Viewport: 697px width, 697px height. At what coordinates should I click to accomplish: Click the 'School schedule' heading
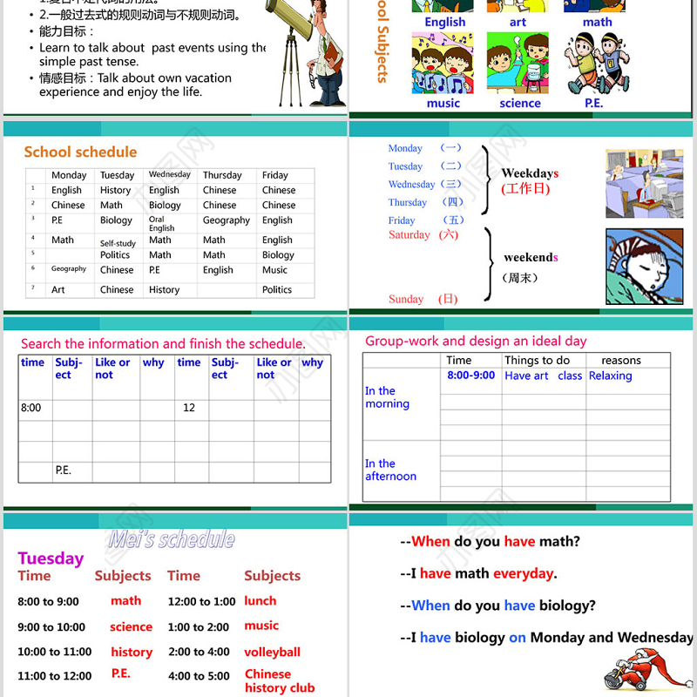tap(80, 152)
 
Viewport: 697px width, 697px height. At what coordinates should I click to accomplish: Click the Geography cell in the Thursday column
tap(226, 220)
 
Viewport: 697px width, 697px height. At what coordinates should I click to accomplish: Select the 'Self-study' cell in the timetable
tap(118, 244)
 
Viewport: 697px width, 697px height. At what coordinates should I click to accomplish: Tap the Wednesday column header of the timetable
tap(169, 174)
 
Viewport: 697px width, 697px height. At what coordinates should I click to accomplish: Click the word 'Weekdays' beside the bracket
tap(530, 173)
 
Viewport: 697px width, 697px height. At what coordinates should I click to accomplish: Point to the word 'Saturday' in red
tap(409, 234)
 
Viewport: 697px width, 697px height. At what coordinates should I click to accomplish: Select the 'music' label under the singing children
tap(443, 103)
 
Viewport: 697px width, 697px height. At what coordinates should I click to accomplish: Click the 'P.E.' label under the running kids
tap(593, 103)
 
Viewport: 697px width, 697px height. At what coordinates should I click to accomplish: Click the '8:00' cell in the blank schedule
tap(30, 408)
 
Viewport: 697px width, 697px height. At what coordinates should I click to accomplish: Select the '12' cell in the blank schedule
tap(189, 408)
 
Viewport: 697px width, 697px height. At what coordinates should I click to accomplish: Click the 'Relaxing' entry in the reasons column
tap(610, 376)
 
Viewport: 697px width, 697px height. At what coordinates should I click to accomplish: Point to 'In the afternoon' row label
tap(390, 470)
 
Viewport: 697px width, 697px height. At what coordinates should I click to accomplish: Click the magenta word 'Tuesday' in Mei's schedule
tap(51, 558)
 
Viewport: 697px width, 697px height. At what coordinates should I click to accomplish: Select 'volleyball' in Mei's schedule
tap(272, 652)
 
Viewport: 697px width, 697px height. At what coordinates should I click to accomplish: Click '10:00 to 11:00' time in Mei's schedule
tap(54, 652)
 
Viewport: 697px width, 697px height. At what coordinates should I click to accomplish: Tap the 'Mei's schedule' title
tap(172, 539)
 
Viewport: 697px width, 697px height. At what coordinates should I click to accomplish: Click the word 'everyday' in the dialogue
tap(523, 573)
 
